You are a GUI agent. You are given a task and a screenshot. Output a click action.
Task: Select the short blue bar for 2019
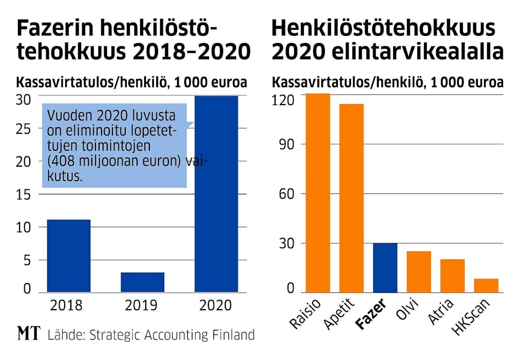[x=142, y=282]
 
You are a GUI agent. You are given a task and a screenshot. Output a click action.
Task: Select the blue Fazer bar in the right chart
[x=385, y=267]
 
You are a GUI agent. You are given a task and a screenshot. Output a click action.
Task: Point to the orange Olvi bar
[x=419, y=271]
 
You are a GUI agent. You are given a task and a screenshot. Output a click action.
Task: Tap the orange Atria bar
[x=452, y=275]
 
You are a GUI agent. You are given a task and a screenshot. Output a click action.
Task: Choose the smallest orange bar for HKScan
[x=486, y=285]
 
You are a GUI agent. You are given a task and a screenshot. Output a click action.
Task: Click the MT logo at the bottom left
[x=29, y=335]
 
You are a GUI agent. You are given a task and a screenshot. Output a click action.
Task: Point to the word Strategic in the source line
[x=117, y=335]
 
